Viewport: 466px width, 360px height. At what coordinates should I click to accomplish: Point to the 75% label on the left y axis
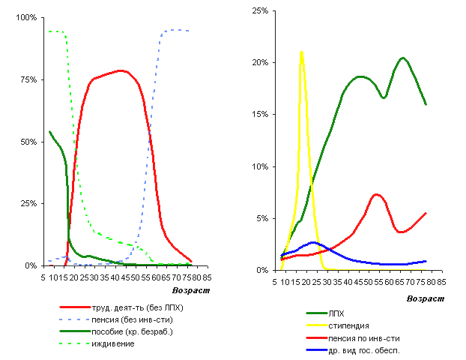pyautogui.click(x=28, y=79)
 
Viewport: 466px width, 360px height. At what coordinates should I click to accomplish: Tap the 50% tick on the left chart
pyautogui.click(x=28, y=142)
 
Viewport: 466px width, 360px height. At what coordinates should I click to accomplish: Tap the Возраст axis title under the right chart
pyautogui.click(x=423, y=298)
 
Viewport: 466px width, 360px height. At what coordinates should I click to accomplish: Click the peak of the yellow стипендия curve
pyautogui.click(x=301, y=52)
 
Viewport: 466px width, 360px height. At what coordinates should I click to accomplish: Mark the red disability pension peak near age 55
pyautogui.click(x=377, y=194)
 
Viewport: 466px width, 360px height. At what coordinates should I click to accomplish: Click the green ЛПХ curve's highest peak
pyautogui.click(x=403, y=58)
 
